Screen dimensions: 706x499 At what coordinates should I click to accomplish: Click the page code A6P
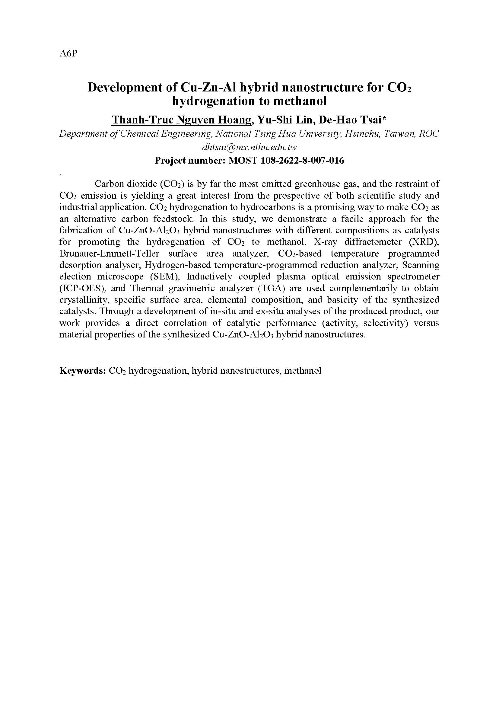(x=68, y=53)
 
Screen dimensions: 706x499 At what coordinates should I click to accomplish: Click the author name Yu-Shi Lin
(x=285, y=120)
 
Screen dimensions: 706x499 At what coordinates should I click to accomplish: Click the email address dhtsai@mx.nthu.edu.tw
(x=249, y=147)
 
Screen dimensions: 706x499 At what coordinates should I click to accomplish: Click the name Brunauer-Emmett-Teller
(x=110, y=254)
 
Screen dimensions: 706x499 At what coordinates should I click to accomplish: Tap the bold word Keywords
(x=83, y=371)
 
